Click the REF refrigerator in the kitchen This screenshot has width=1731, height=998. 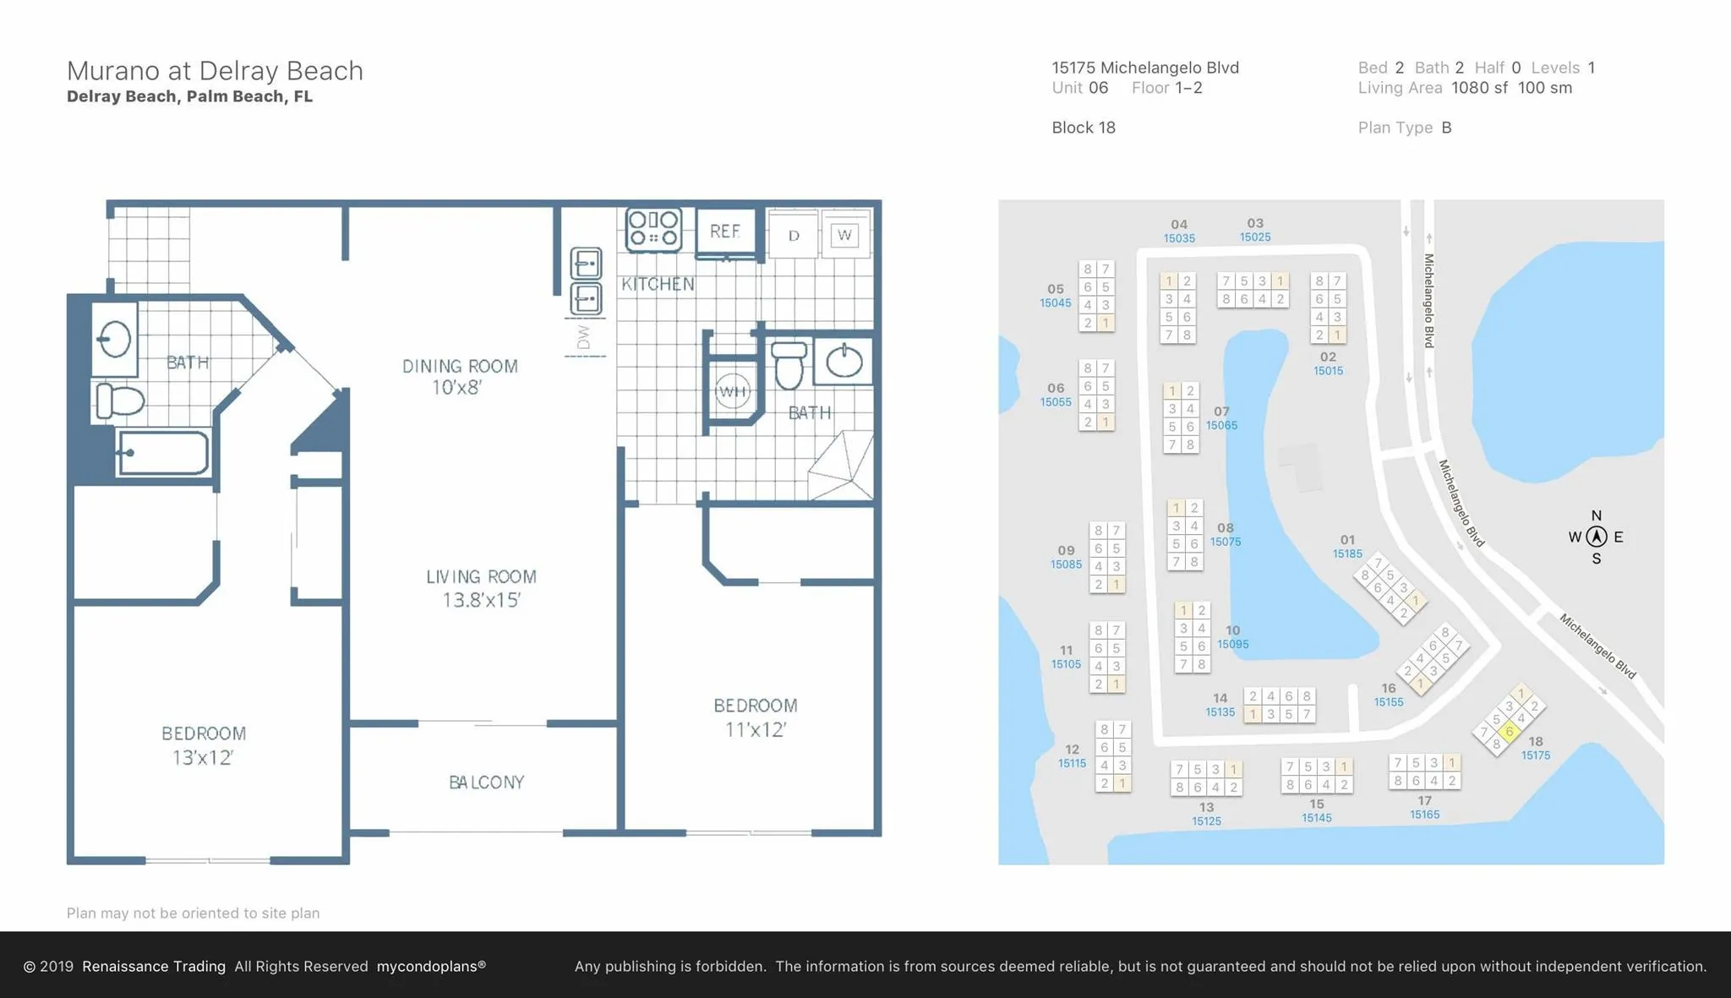pos(726,232)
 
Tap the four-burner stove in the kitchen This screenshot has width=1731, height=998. pos(653,229)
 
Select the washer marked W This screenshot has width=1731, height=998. pos(844,235)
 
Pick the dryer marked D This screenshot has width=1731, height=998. pos(794,235)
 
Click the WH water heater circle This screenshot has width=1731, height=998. pos(733,391)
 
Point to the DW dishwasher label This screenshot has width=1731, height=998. pos(583,338)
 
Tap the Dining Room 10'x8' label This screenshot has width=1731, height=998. pos(460,377)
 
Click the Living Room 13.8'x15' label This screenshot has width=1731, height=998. pos(481,588)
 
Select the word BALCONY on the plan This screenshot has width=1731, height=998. pos(487,783)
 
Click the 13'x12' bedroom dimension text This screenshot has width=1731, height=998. pos(203,758)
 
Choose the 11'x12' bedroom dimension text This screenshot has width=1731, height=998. pos(756,729)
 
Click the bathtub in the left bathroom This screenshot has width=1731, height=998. pos(163,453)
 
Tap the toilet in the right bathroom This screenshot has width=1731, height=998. pos(789,364)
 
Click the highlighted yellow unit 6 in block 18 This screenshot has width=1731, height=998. pos(1509,732)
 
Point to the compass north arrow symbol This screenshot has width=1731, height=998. pos(1597,537)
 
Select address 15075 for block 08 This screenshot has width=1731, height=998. pos(1226,542)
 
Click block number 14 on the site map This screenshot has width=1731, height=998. pos(1220,698)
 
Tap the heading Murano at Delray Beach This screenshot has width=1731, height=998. pos(215,71)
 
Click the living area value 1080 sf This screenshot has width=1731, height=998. pos(1479,88)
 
